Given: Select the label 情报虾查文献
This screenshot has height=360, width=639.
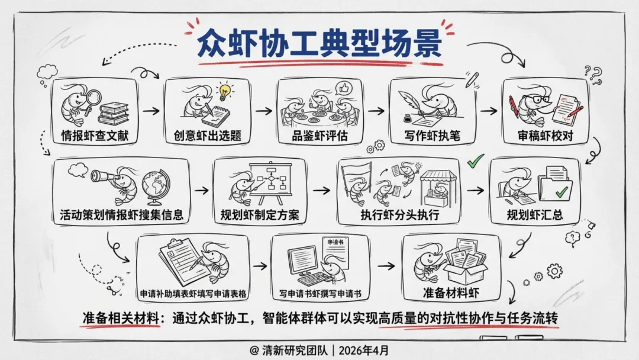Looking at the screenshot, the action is click(95, 136).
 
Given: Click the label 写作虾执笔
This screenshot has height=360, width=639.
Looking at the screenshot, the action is click(432, 136).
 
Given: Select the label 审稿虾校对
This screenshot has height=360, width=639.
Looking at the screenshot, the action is click(545, 136).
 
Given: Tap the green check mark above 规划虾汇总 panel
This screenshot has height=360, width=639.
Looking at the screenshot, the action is click(475, 160).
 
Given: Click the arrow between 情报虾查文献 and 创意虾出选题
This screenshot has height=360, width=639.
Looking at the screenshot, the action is click(151, 111).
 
